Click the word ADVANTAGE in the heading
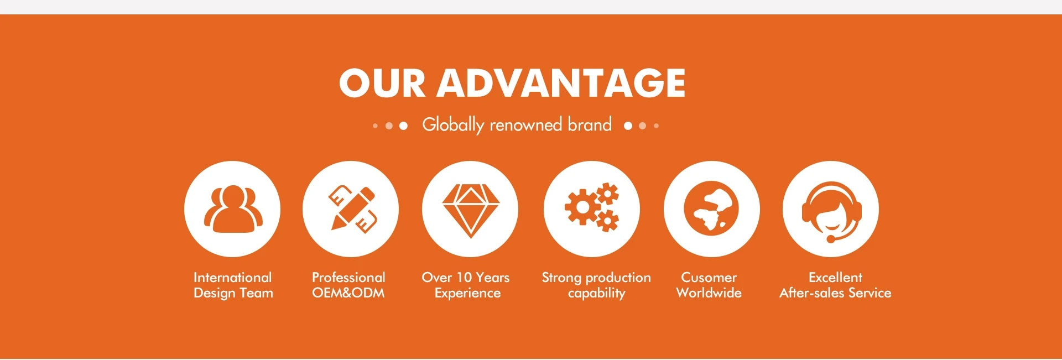click(x=561, y=83)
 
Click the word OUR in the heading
click(x=382, y=83)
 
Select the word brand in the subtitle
click(x=590, y=124)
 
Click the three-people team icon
click(x=232, y=208)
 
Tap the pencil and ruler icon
click(x=351, y=208)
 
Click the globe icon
click(x=711, y=208)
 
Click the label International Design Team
click(x=233, y=285)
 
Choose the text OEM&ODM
click(x=348, y=293)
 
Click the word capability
click(x=596, y=294)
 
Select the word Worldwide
click(x=709, y=293)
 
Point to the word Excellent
click(x=835, y=278)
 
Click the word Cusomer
click(x=709, y=278)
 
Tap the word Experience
click(x=467, y=294)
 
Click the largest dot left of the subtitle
click(x=403, y=126)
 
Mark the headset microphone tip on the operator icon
click(x=831, y=239)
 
